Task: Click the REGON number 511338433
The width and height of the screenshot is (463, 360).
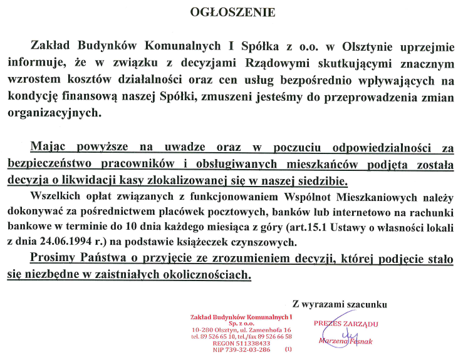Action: click(x=250, y=343)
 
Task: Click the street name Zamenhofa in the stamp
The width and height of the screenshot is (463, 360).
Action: click(x=262, y=329)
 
